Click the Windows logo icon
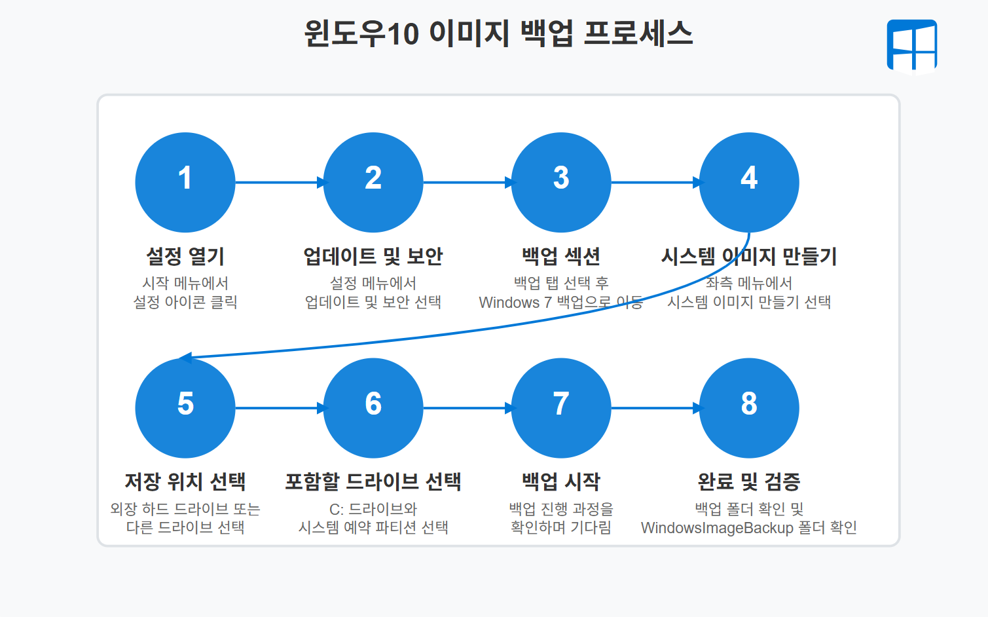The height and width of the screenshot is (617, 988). (x=911, y=45)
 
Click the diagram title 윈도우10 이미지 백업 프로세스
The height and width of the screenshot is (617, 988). (x=498, y=33)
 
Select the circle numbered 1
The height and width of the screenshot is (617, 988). (x=185, y=182)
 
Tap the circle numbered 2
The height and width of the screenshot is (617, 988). (x=373, y=182)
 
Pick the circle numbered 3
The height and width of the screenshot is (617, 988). (x=561, y=182)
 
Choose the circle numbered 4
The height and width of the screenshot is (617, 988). (x=749, y=182)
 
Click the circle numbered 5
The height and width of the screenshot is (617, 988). (x=185, y=408)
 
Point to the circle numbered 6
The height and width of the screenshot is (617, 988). (x=373, y=408)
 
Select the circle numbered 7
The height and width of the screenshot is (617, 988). (x=561, y=408)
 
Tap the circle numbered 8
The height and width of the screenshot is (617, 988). (x=749, y=408)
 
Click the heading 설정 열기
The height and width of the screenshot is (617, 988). (x=185, y=256)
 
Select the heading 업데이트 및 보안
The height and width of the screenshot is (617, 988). (x=373, y=256)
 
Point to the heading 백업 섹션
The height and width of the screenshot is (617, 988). (x=561, y=256)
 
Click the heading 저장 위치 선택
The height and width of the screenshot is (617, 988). (x=185, y=482)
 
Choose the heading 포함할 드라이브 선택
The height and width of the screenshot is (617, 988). (x=373, y=482)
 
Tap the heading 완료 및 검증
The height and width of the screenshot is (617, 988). (x=749, y=482)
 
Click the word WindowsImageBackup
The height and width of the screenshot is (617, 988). (x=717, y=528)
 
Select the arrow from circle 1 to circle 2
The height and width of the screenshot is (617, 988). (x=279, y=182)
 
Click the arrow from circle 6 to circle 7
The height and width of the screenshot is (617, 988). (x=467, y=408)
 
